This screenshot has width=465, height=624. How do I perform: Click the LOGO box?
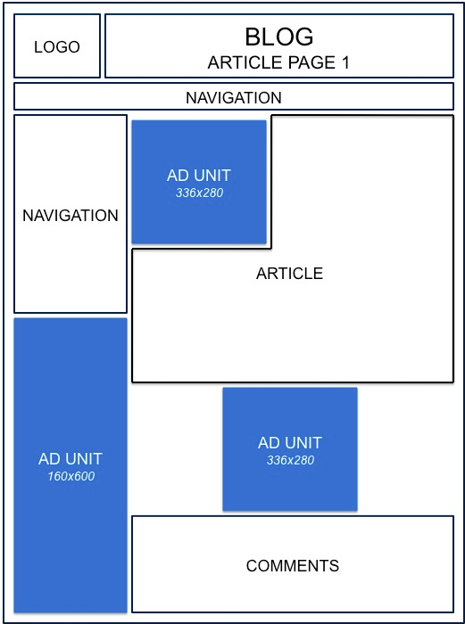57,45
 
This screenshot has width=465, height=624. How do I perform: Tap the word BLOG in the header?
279,37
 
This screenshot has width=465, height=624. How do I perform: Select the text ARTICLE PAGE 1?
278,62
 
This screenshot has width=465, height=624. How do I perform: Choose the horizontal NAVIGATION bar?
234,96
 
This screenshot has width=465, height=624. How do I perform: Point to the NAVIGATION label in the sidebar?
71,216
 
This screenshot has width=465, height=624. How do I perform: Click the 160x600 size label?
71,476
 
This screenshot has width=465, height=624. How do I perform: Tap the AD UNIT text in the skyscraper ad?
71,459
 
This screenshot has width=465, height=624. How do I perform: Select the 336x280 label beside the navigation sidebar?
199,193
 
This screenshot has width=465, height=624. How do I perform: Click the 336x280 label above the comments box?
290,460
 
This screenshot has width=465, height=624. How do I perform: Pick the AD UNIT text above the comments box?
290,442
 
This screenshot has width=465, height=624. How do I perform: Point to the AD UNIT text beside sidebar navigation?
199,176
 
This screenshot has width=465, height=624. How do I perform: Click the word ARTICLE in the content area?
290,274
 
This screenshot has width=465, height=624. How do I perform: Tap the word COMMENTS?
293,565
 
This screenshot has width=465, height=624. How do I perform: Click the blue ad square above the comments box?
290,449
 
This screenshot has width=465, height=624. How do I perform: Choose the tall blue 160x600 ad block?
71,465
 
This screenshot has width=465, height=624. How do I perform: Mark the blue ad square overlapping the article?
199,182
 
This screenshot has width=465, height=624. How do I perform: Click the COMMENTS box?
293,564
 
